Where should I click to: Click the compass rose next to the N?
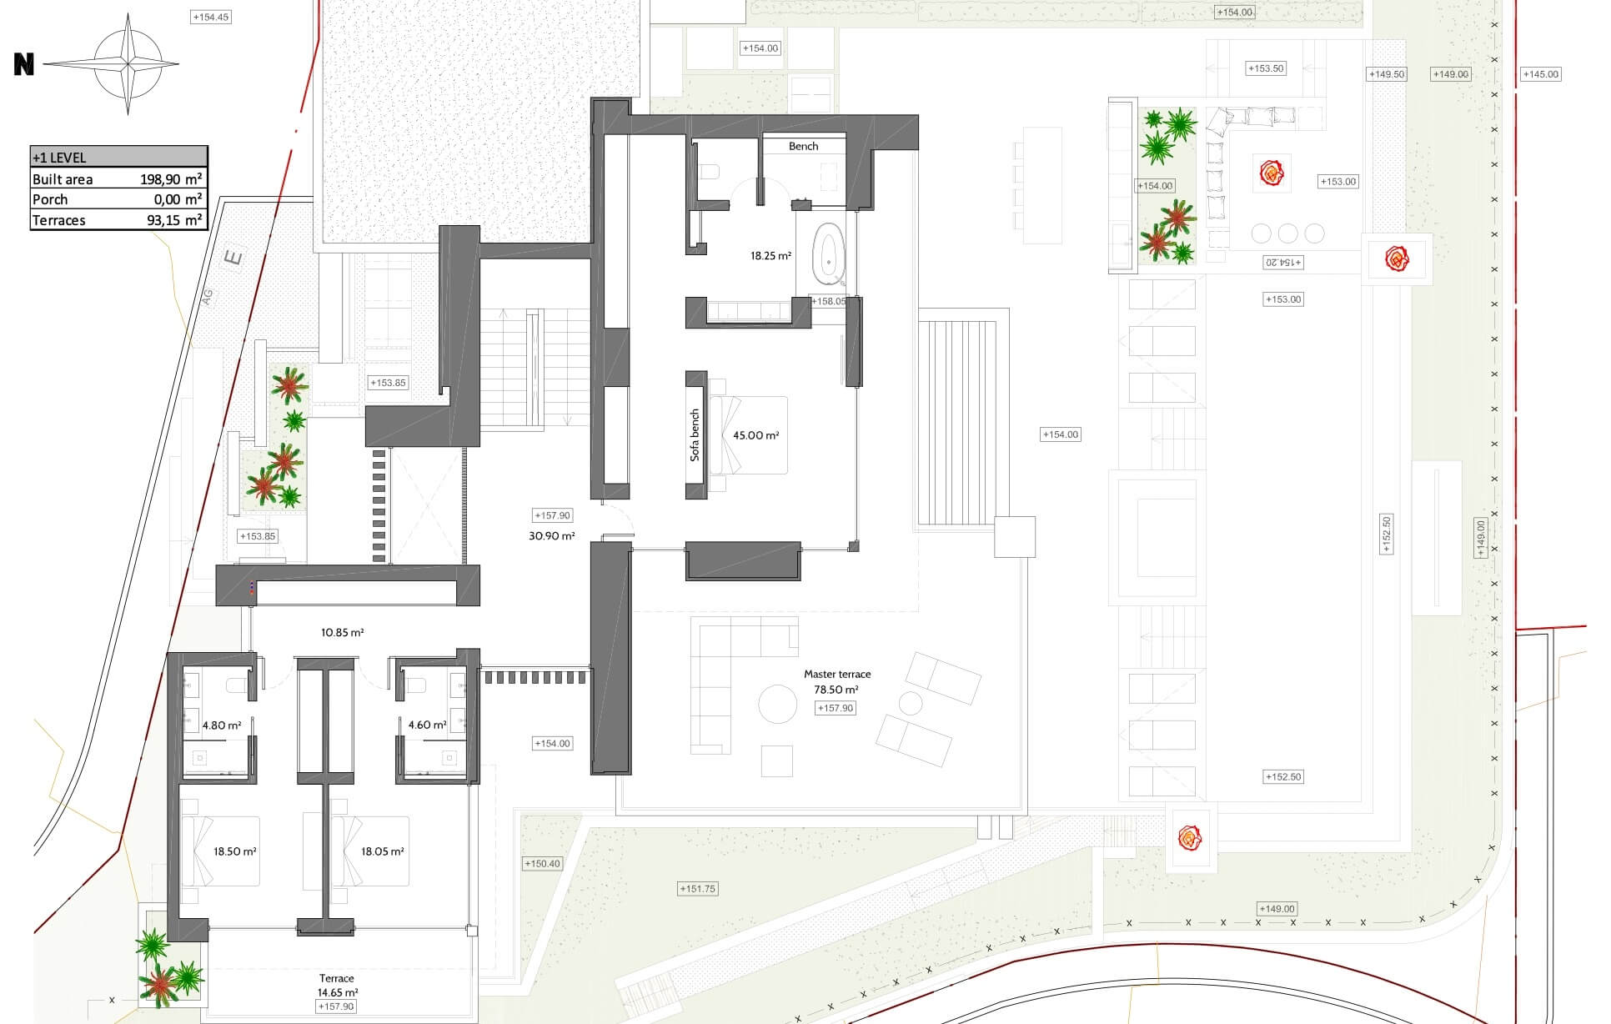(x=128, y=63)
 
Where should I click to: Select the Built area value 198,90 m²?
(x=172, y=179)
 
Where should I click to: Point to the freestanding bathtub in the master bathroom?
(x=829, y=249)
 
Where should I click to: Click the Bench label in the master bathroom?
(x=803, y=146)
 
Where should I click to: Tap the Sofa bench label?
(x=695, y=434)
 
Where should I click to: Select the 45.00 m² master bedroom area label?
(x=755, y=435)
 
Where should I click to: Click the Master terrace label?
(x=837, y=674)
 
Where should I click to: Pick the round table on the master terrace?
(x=777, y=704)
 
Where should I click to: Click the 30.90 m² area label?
(x=551, y=536)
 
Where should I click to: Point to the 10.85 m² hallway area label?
(x=342, y=632)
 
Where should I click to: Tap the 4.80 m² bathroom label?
(x=222, y=725)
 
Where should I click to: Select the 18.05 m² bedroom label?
(x=382, y=851)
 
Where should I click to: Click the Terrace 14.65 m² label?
(x=337, y=986)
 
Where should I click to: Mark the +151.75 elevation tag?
(x=697, y=889)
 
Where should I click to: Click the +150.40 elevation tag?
(x=542, y=863)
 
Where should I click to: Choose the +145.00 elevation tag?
(x=1540, y=74)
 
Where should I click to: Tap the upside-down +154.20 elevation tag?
(x=1284, y=262)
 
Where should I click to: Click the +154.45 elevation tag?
(x=210, y=17)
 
